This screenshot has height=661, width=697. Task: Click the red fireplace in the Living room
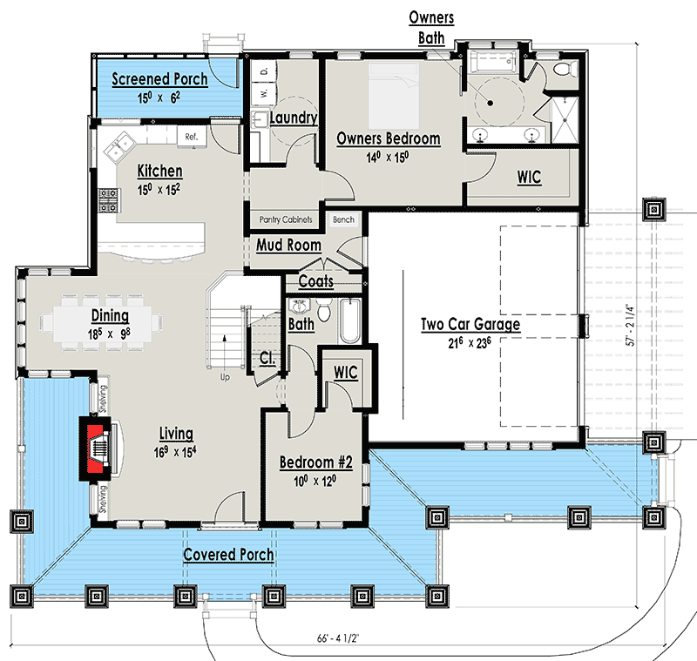pyautogui.click(x=97, y=449)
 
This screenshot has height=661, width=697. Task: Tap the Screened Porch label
pyautogui.click(x=159, y=79)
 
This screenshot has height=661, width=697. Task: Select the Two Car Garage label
pyautogui.click(x=470, y=325)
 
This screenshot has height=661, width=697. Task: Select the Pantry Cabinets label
pyautogui.click(x=286, y=219)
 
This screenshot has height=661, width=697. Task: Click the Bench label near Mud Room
pyautogui.click(x=343, y=219)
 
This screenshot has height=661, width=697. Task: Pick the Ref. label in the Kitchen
pyautogui.click(x=191, y=137)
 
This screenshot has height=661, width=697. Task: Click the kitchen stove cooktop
pyautogui.click(x=109, y=202)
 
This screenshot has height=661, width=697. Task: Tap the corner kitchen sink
pyautogui.click(x=118, y=146)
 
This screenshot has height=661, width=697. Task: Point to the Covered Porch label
pyautogui.click(x=228, y=555)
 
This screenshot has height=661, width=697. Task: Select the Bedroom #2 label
pyautogui.click(x=314, y=462)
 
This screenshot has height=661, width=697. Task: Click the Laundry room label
pyautogui.click(x=293, y=118)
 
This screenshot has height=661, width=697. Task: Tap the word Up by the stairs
pyautogui.click(x=224, y=378)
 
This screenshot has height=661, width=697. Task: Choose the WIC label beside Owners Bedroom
pyautogui.click(x=529, y=178)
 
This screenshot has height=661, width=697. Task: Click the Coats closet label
pyautogui.click(x=316, y=281)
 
